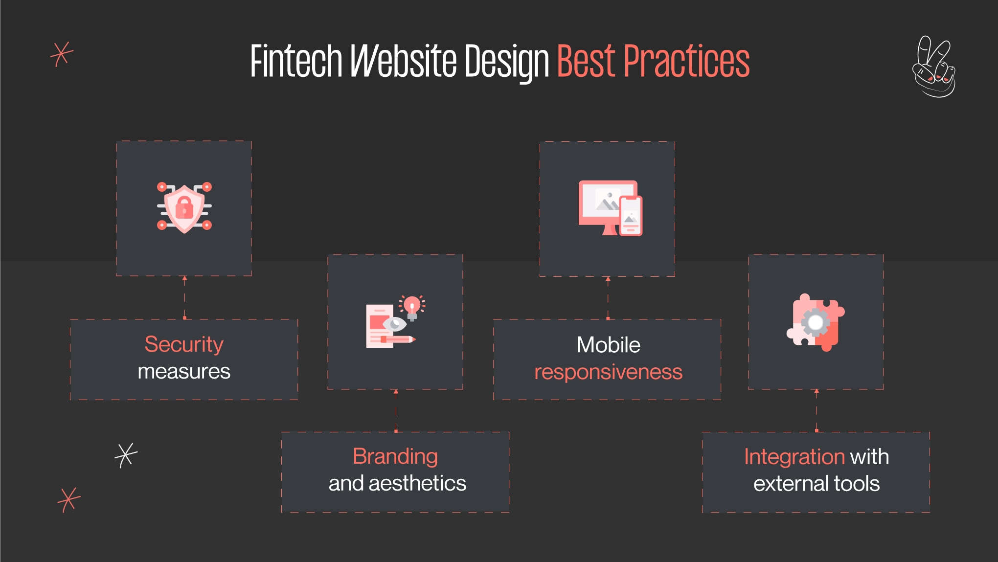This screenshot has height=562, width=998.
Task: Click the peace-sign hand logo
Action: pyautogui.click(x=934, y=67)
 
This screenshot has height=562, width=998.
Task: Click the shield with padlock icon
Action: pyautogui.click(x=184, y=208)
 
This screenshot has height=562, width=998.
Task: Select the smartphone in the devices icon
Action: pyautogui.click(x=631, y=216)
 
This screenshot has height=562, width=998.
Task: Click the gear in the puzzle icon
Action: pyautogui.click(x=815, y=322)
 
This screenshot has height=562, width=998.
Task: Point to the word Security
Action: pyautogui.click(x=184, y=344)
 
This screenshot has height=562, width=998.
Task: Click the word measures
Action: pyautogui.click(x=184, y=372)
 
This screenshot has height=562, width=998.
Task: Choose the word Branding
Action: pyautogui.click(x=395, y=456)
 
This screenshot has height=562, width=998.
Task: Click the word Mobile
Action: pyautogui.click(x=608, y=345)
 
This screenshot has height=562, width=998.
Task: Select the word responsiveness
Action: pyautogui.click(x=608, y=372)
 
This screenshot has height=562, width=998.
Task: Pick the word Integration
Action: pyautogui.click(x=794, y=457)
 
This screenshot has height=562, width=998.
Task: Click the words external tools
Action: pyautogui.click(x=816, y=484)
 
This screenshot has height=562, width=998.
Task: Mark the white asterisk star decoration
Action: pyautogui.click(x=126, y=455)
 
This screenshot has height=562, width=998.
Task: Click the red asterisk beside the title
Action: pyautogui.click(x=62, y=54)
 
